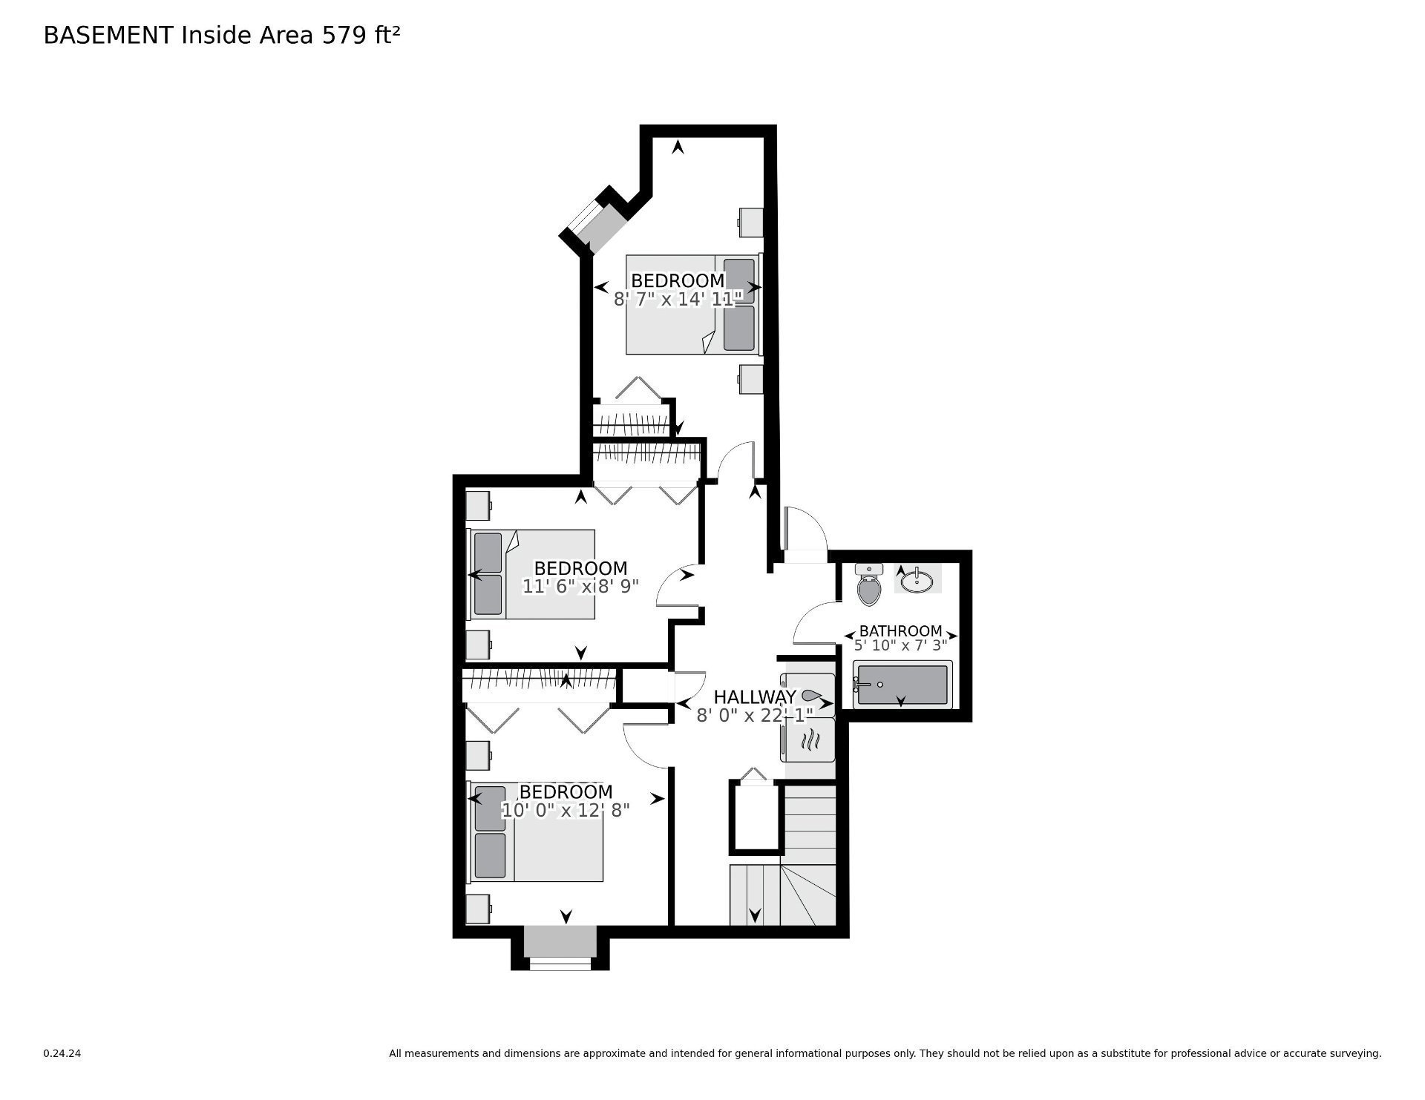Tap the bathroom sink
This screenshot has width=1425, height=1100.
coord(918,579)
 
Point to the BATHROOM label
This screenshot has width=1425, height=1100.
coord(901,631)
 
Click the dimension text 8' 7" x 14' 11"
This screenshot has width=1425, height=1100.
coord(678,300)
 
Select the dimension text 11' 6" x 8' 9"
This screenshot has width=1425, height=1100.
coord(580,587)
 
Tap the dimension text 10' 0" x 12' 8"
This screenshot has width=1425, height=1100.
coord(566,810)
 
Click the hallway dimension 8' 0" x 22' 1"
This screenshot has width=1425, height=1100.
coord(755,715)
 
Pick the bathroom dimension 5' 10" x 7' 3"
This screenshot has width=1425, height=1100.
coord(901,646)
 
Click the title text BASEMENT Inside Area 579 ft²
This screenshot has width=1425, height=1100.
coord(222,35)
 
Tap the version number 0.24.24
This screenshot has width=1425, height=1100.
coord(62,1053)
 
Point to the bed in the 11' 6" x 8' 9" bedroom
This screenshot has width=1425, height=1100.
coord(531,574)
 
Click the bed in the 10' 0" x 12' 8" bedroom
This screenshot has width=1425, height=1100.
coord(534,831)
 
